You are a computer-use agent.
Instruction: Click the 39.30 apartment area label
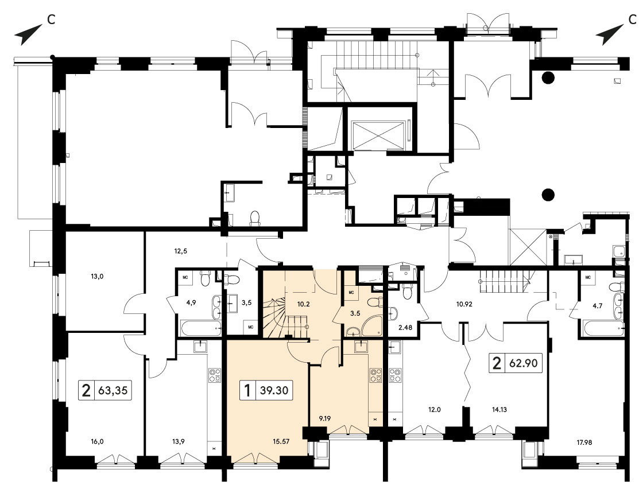pyautogui.click(x=274, y=390)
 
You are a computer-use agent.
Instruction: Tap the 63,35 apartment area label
pyautogui.click(x=113, y=390)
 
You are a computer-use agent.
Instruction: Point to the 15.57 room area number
pyautogui.click(x=281, y=441)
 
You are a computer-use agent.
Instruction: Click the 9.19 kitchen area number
pyautogui.click(x=325, y=418)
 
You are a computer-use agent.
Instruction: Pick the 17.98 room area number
pyautogui.click(x=584, y=443)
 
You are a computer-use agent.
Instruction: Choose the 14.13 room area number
pyautogui.click(x=499, y=410)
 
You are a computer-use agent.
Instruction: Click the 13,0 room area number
pyautogui.click(x=97, y=276)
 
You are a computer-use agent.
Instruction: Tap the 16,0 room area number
pyautogui.click(x=97, y=441)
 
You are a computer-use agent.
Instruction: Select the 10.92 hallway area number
pyautogui.click(x=464, y=304)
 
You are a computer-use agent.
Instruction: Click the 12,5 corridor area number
pyautogui.click(x=180, y=251)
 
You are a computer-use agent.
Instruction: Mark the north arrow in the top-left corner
pyautogui.click(x=29, y=34)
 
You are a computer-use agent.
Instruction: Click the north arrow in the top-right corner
pyautogui.click(x=610, y=34)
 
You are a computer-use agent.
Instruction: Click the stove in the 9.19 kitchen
pyautogui.click(x=375, y=375)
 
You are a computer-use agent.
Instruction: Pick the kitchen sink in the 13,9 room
pyautogui.click(x=200, y=347)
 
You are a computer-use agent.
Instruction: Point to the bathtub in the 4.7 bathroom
pyautogui.click(x=603, y=328)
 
